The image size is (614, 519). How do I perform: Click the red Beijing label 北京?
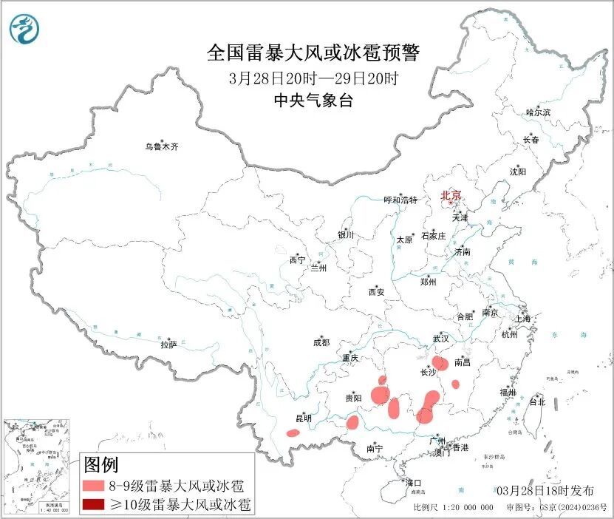point(450,195)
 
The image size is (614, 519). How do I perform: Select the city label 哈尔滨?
point(538,112)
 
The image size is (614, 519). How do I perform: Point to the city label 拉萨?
point(168,345)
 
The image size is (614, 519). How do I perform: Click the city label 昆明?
point(303,418)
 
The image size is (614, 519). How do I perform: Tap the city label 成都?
point(321,342)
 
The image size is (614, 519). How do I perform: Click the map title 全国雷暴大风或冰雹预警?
point(313,53)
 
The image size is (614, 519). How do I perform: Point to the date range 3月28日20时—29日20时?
point(313,78)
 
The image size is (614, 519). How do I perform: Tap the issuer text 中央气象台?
point(313,101)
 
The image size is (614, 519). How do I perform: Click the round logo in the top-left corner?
point(24,28)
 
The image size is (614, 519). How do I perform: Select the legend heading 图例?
point(101,465)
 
